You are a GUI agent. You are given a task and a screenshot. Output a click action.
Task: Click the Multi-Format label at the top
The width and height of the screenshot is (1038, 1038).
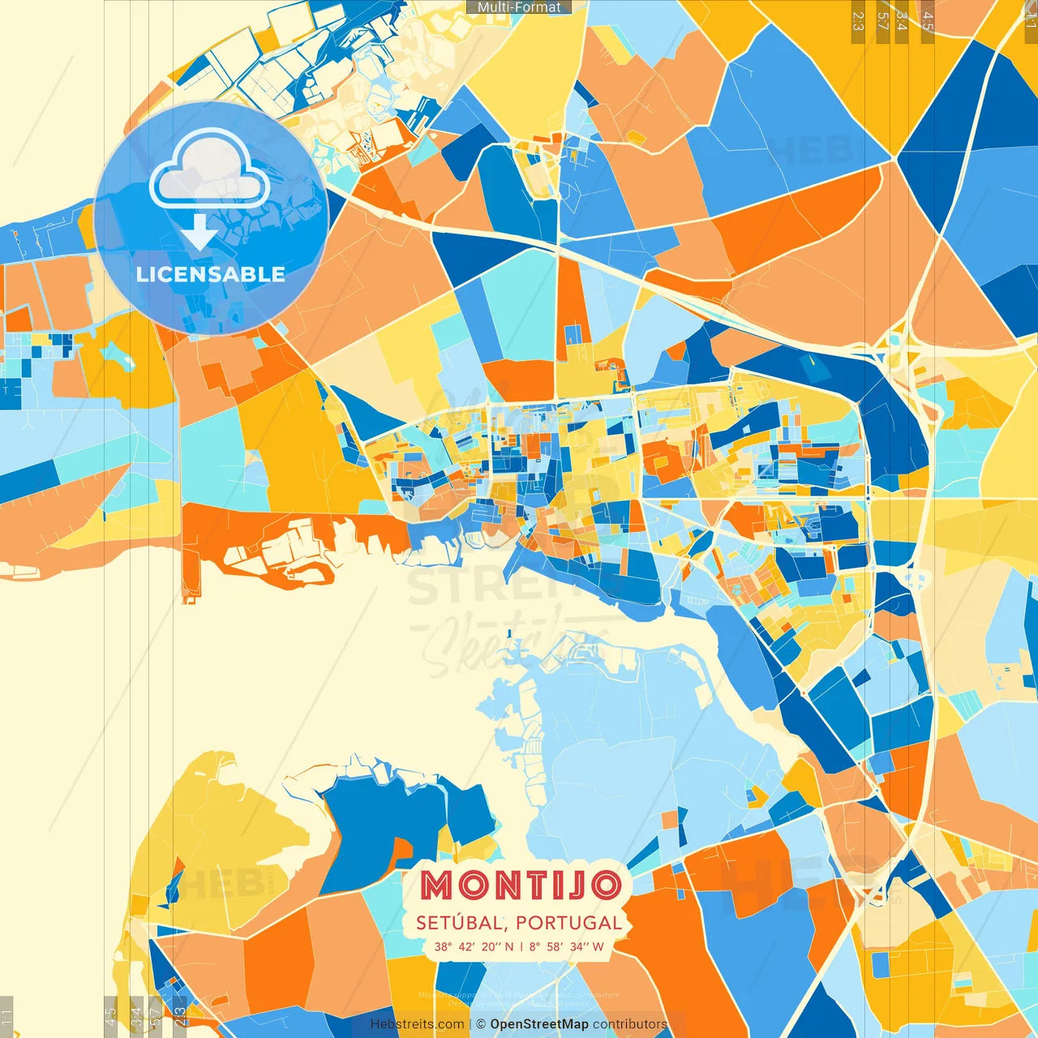[519, 7]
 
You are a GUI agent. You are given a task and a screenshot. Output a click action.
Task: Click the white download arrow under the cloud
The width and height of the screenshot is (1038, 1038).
[199, 232]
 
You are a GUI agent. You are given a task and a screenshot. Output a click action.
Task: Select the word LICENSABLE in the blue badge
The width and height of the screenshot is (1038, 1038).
[210, 274]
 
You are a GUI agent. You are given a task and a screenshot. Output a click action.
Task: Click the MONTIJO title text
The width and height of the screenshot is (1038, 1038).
[521, 886]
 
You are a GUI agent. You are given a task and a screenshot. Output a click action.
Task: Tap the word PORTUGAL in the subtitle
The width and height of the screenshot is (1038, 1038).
[568, 923]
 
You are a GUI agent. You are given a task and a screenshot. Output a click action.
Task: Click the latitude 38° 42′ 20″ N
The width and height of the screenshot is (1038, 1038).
[474, 946]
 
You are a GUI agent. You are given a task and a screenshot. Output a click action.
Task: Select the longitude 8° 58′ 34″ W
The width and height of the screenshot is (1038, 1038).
[566, 946]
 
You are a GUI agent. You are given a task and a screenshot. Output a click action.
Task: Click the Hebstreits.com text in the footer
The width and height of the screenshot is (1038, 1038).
[417, 1024]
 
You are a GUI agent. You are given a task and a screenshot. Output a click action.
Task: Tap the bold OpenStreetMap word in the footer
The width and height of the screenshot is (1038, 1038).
[538, 1024]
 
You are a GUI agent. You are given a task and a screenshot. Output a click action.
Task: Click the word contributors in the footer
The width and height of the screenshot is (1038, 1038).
[630, 1024]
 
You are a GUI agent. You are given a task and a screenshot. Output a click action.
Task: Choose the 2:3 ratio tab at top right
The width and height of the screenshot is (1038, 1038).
[857, 21]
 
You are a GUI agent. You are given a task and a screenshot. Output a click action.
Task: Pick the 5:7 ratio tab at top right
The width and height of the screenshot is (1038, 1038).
[882, 21]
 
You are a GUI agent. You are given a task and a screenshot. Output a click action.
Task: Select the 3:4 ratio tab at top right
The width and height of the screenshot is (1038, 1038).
[901, 21]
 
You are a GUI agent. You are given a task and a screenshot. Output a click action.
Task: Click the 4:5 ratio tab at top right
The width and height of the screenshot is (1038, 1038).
[927, 21]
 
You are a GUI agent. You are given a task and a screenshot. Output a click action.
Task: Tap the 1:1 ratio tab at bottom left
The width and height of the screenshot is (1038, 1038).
[6, 1016]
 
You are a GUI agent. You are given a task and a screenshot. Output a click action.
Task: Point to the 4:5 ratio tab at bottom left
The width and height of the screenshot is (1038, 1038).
[110, 1016]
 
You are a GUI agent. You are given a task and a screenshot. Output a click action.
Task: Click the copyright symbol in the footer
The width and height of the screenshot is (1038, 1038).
[480, 1024]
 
